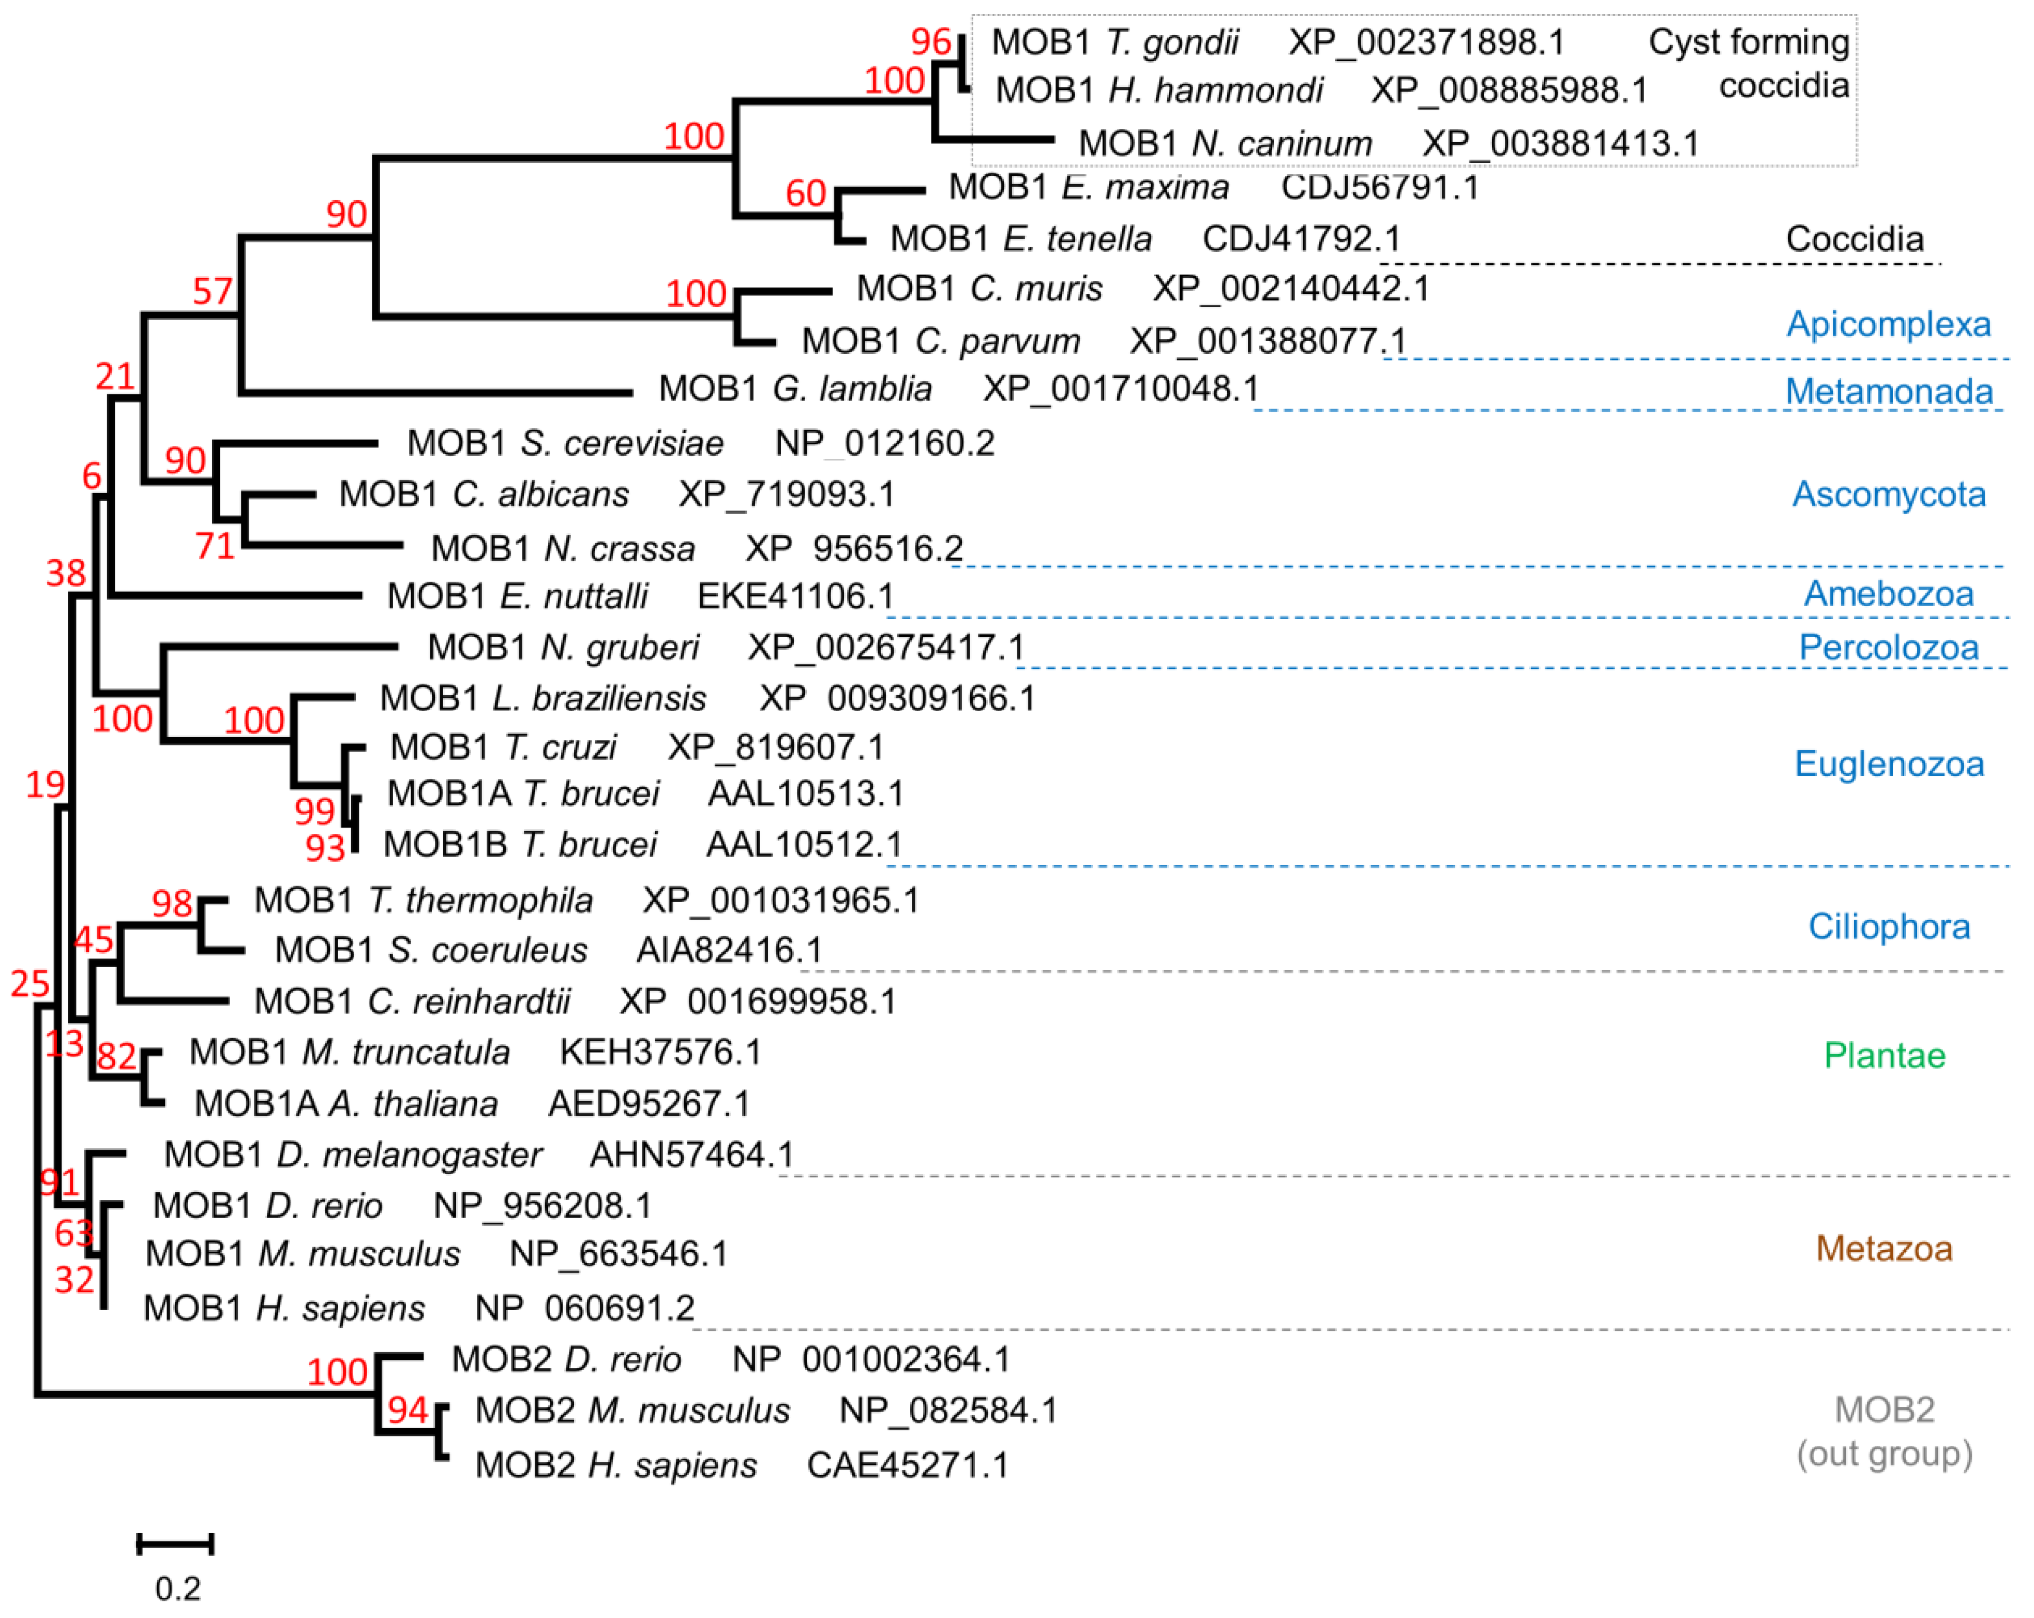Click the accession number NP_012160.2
884,443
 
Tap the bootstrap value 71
215,545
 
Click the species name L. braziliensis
599,698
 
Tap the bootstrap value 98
172,903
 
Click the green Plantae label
1884,1055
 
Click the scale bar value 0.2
177,1589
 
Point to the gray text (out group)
1884,1454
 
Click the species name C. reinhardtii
468,1001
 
